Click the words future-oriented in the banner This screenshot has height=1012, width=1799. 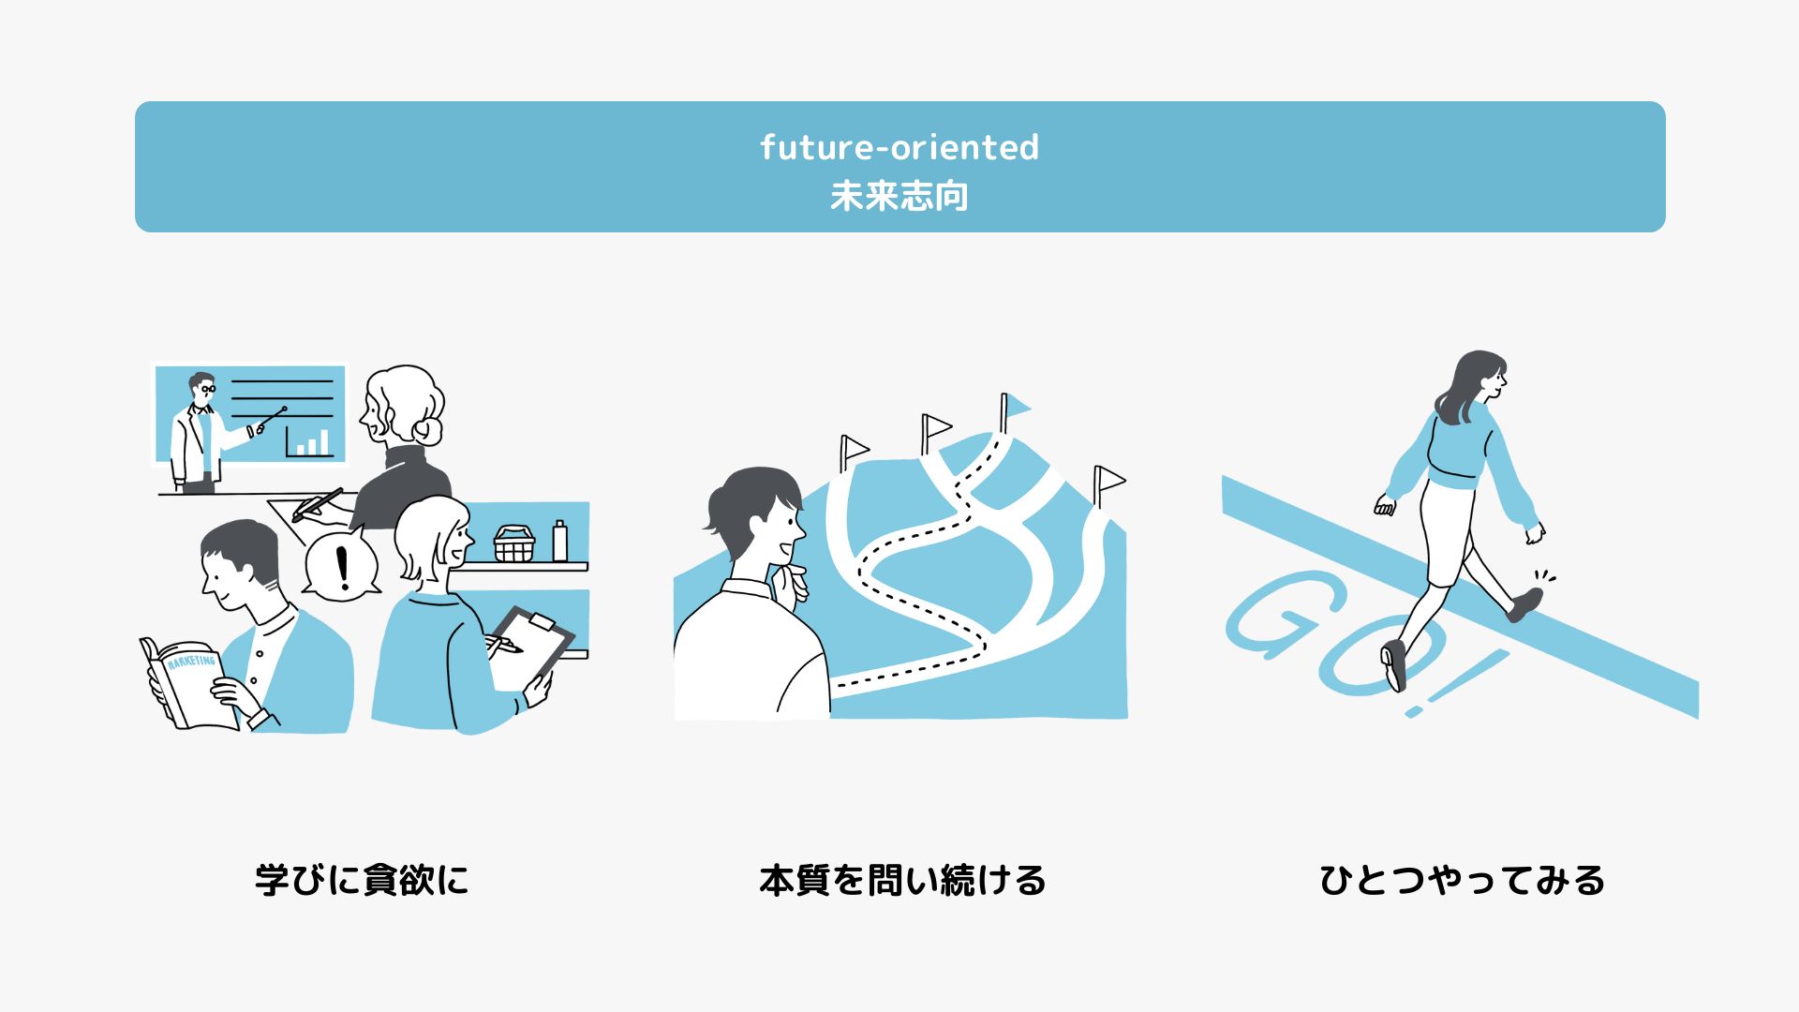click(x=899, y=147)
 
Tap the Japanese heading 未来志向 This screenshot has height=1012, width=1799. click(x=899, y=197)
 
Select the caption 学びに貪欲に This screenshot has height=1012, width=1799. click(x=362, y=880)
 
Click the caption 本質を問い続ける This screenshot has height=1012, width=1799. click(x=902, y=880)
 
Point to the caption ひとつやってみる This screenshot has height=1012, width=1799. click(x=1462, y=880)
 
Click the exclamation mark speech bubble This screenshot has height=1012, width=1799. click(x=342, y=565)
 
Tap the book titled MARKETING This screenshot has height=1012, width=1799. click(x=189, y=683)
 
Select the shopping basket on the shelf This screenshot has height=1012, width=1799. click(x=514, y=543)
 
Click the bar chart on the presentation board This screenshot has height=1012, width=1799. click(x=309, y=441)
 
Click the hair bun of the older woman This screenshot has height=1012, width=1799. click(x=428, y=431)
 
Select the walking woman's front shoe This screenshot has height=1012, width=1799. click(x=1524, y=604)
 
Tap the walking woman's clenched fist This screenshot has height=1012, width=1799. click(x=1385, y=505)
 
